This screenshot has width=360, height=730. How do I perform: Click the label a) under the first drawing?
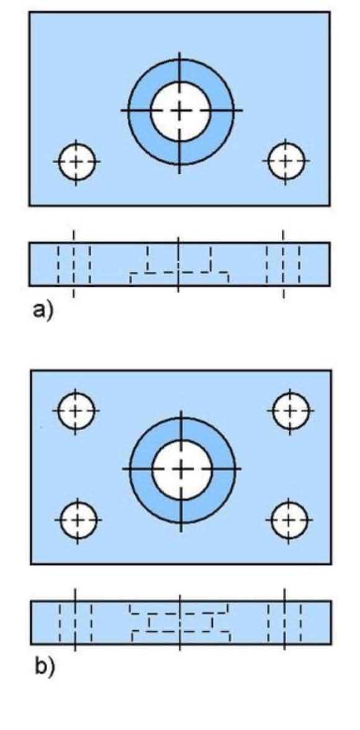[43, 310]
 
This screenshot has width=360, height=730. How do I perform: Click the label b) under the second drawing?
[45, 666]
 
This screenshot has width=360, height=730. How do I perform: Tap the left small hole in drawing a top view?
[76, 161]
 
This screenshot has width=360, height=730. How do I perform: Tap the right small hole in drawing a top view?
[286, 161]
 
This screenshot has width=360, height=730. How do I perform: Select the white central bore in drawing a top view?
[181, 110]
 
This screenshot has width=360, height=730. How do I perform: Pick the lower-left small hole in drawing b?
[78, 519]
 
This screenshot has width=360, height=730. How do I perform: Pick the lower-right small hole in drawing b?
[289, 519]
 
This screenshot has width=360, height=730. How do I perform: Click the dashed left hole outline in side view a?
[74, 264]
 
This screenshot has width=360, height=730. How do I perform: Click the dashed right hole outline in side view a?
[283, 264]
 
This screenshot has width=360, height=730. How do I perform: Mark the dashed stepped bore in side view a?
[179, 264]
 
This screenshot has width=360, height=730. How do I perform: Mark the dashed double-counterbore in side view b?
[180, 623]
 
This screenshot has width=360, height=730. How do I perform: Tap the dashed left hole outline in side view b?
[76, 623]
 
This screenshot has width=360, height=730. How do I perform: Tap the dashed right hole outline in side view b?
[284, 623]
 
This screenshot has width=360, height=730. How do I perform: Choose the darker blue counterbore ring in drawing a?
[139, 110]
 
